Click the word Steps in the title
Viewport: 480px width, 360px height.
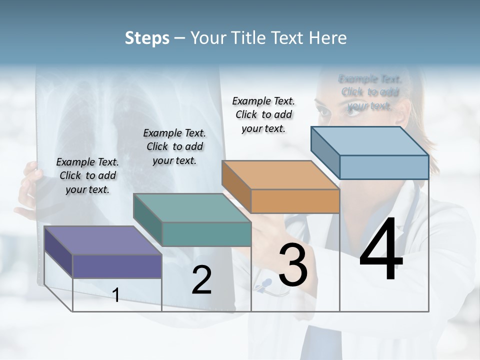(147, 38)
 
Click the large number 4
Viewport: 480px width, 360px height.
(381, 250)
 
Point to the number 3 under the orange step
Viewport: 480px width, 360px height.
(293, 265)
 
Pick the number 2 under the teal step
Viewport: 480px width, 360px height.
(201, 280)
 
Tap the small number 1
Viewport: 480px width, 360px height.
(116, 295)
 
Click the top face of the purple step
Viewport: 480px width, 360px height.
(103, 240)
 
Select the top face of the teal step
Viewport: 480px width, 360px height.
(192, 208)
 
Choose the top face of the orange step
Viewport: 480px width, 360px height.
(280, 175)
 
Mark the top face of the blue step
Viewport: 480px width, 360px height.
(370, 141)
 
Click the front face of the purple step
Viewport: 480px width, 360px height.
(117, 266)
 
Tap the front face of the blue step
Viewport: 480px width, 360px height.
(384, 167)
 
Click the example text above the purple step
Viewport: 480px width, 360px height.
(87, 175)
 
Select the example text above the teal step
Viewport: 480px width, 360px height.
(174, 146)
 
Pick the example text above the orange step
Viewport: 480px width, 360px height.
(263, 114)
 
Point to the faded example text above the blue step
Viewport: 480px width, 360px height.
(370, 92)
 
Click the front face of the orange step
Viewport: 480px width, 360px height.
(295, 201)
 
